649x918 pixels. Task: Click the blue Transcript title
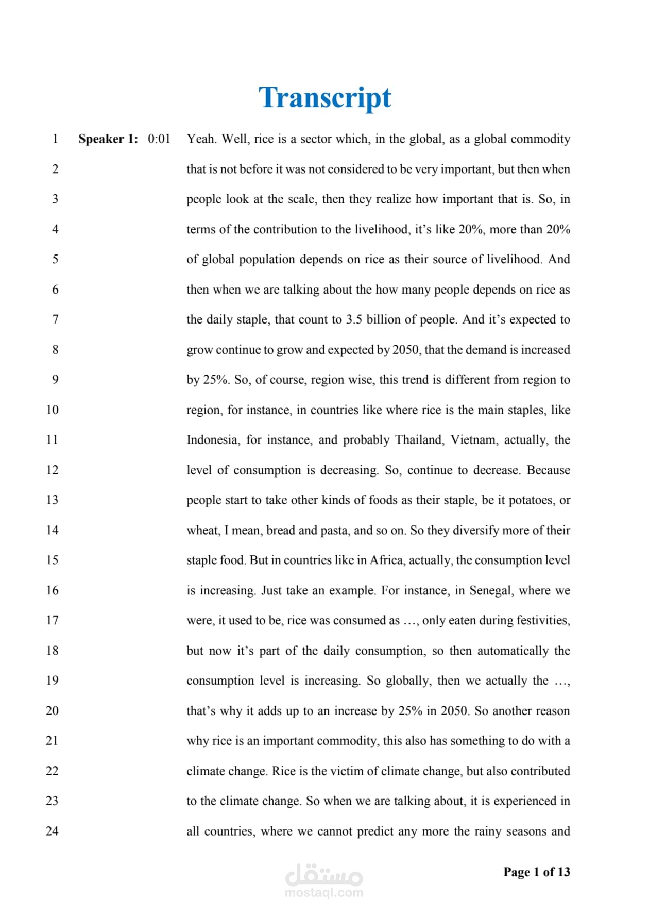coord(324,97)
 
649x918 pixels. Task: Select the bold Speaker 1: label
coord(108,139)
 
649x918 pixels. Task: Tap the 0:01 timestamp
coord(159,139)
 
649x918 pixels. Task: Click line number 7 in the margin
coord(55,319)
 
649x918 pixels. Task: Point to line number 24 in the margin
coord(52,831)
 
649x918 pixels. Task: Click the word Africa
coord(386,560)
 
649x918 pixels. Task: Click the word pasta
coord(334,530)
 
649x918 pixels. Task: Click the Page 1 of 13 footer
coord(537,872)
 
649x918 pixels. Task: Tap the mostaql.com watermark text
coord(324,893)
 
